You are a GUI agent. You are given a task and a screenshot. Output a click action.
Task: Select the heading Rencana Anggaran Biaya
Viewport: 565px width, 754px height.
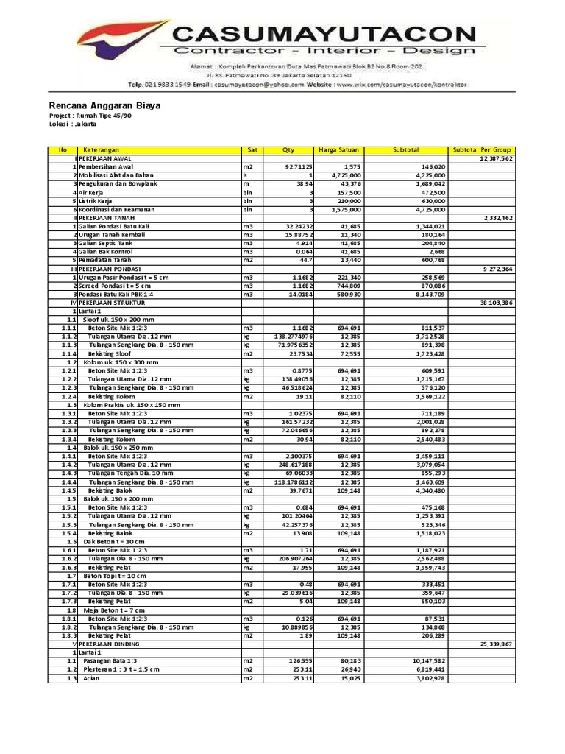pos(104,105)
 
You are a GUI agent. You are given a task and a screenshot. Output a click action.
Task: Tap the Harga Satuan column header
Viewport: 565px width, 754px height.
pos(338,150)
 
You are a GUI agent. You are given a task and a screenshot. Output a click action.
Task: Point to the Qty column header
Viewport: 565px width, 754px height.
pos(288,150)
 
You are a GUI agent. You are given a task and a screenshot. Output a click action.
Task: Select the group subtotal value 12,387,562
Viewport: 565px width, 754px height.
pos(496,158)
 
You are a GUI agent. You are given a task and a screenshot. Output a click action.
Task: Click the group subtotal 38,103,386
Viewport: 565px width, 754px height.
pos(496,303)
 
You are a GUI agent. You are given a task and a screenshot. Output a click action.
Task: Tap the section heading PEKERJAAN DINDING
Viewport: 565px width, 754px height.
pos(110,644)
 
